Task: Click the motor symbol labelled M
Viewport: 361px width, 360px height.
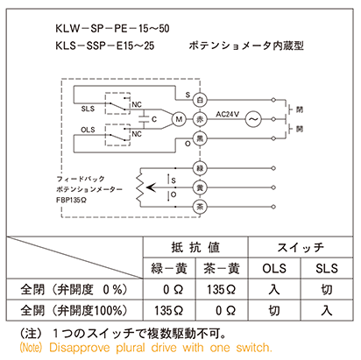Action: click(179, 119)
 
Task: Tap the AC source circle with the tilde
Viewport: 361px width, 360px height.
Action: click(253, 119)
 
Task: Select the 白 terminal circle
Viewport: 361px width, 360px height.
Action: click(200, 100)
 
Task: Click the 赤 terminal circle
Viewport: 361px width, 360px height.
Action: click(200, 119)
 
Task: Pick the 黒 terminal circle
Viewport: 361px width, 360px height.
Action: click(200, 138)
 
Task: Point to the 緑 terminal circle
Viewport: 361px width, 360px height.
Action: click(200, 168)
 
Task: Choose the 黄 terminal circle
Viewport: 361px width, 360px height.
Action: click(200, 187)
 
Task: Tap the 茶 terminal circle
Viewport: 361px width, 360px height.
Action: click(200, 207)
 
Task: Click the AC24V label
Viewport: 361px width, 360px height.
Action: click(227, 114)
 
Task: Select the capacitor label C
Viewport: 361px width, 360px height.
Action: click(154, 119)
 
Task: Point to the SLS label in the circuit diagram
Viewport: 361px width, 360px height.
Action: click(88, 109)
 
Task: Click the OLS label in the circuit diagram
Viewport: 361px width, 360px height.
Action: click(88, 130)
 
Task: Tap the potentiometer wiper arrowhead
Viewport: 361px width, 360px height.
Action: click(150, 187)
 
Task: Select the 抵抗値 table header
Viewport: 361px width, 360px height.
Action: click(195, 247)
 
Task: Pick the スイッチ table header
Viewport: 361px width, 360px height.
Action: click(301, 247)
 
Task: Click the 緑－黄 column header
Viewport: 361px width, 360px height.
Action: click(169, 268)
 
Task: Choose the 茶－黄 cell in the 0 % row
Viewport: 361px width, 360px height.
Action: click(222, 289)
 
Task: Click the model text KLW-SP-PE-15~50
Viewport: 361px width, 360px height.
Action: click(112, 29)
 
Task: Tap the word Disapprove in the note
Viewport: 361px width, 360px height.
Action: click(80, 348)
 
